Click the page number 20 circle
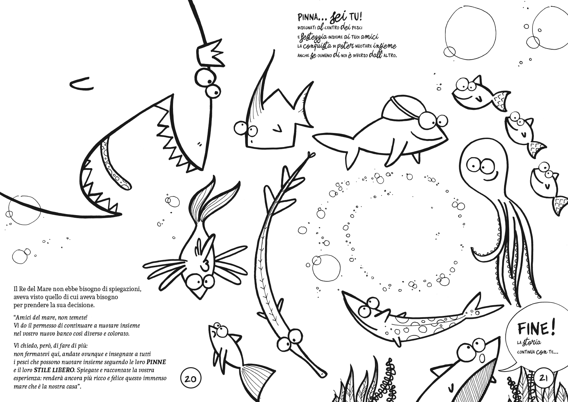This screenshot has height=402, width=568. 191,379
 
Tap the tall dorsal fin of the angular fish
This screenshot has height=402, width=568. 261,84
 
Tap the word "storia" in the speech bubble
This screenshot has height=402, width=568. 531,342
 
